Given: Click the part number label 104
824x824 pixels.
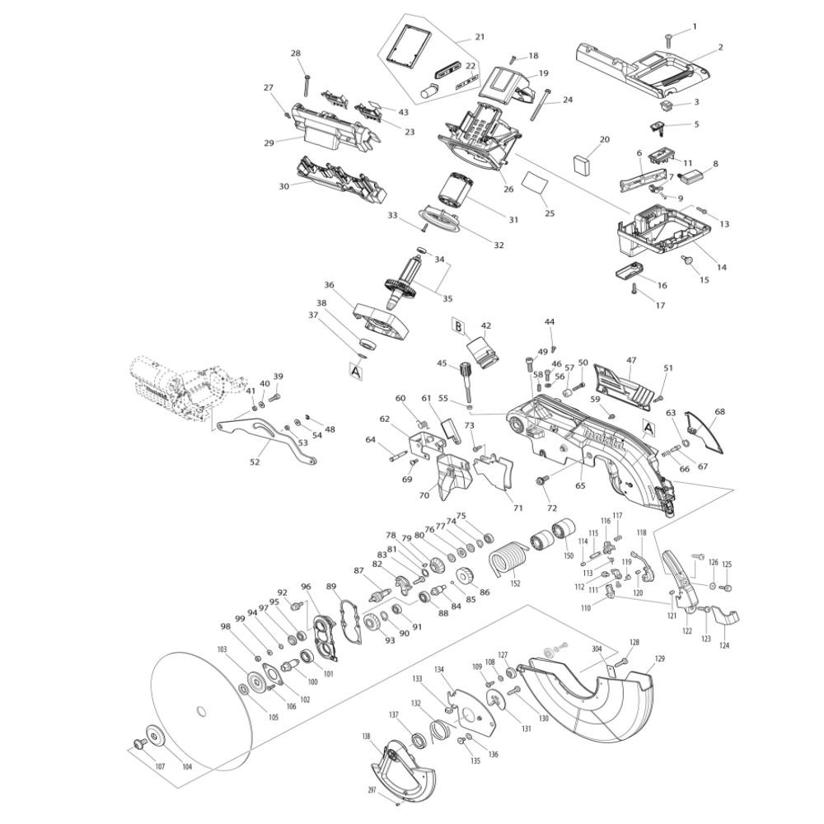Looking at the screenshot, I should coord(187,766).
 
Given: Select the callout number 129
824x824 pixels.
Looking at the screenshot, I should coord(659,658).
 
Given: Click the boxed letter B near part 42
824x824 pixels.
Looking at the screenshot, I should coord(457,327).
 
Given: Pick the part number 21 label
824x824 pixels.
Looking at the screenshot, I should coord(480,37).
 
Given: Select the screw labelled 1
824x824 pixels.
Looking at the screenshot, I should coord(668,35).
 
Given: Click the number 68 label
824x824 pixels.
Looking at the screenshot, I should coord(719,410).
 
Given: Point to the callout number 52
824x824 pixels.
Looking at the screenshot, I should coord(255,461).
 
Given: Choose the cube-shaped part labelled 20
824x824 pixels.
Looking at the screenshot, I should coord(583,162).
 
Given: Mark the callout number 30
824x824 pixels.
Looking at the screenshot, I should coord(284,186).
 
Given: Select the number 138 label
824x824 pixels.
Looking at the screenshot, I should coord(366,736).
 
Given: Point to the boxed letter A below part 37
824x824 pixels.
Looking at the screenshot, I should coord(357,372).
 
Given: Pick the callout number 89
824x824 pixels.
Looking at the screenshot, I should coord(331,587).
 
